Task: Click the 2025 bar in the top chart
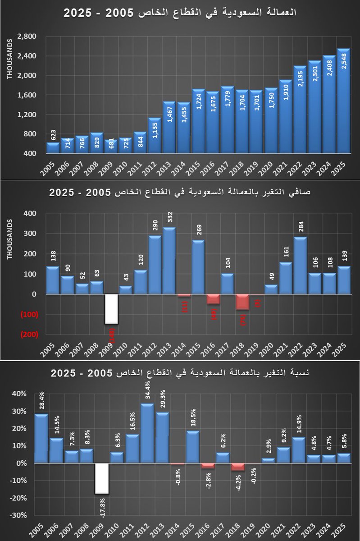[343, 101]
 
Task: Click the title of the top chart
[180, 12]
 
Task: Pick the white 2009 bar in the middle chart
[112, 309]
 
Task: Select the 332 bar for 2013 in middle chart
[169, 261]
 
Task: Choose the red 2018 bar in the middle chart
[242, 302]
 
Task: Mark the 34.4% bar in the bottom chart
[147, 433]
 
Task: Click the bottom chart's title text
[180, 373]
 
